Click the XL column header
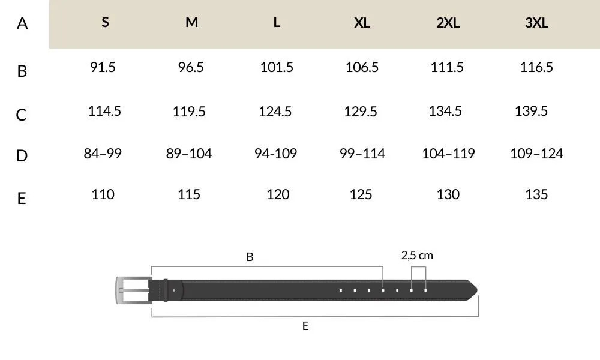coord(362,23)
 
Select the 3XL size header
coord(536,23)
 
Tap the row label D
coord(22,156)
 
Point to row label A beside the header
coord(22,23)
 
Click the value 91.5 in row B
coord(103,67)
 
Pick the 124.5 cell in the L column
coord(275,112)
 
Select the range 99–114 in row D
coord(362,154)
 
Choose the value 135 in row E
coord(536,194)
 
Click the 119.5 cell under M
coord(189,112)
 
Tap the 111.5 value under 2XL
coord(447,67)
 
